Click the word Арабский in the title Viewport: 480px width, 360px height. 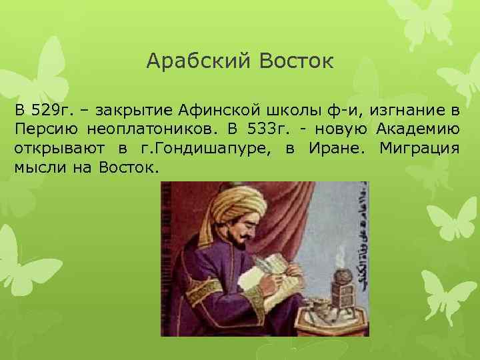click(x=189, y=62)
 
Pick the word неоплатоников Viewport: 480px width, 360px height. click(x=137, y=128)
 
